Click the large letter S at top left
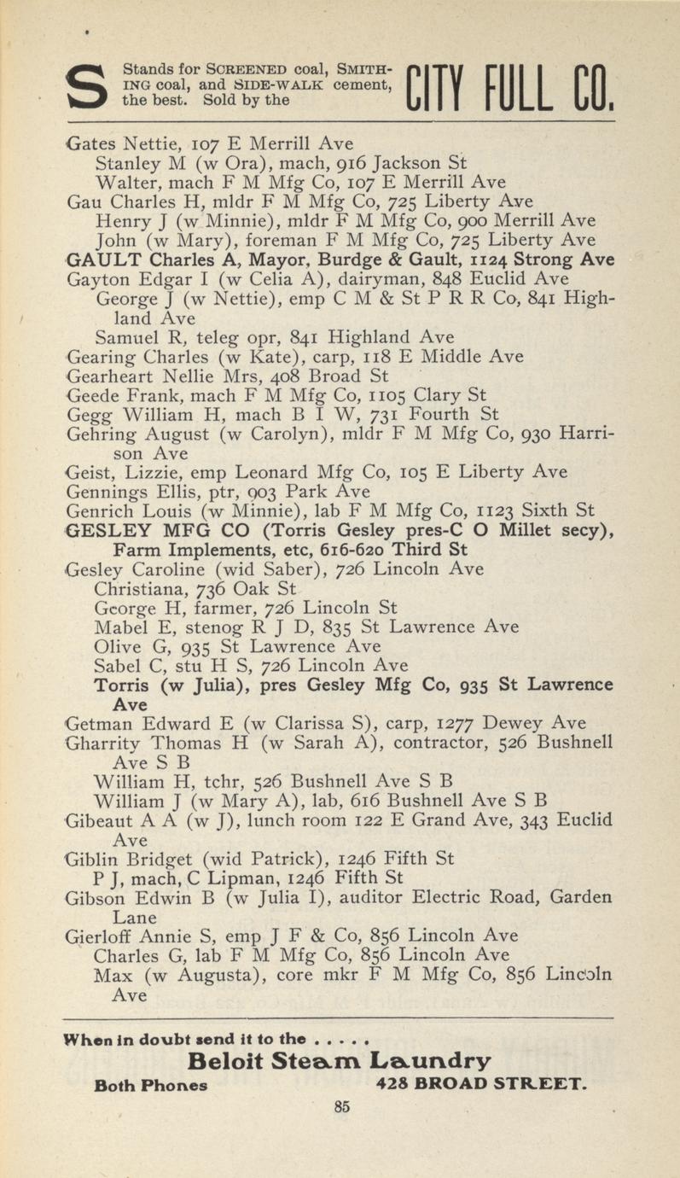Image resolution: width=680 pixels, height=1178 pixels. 85,88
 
